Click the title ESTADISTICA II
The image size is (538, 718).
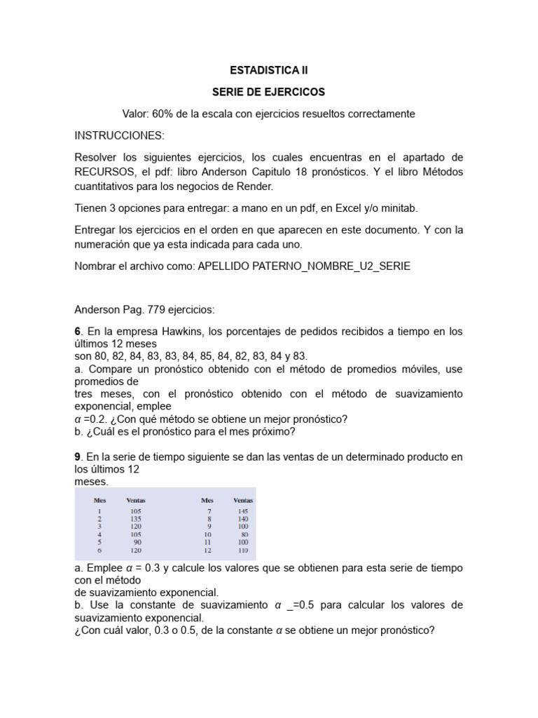tap(269, 70)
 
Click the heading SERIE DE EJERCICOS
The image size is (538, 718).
tap(269, 92)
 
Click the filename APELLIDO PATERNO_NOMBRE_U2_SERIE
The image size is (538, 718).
tap(305, 266)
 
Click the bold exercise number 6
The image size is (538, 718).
tap(77, 331)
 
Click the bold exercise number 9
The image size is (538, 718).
tap(77, 457)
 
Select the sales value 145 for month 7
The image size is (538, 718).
tap(242, 511)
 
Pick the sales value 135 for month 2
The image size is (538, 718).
tap(136, 518)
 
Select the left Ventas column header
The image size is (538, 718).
tap(135, 500)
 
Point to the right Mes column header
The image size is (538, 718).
tap(207, 500)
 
